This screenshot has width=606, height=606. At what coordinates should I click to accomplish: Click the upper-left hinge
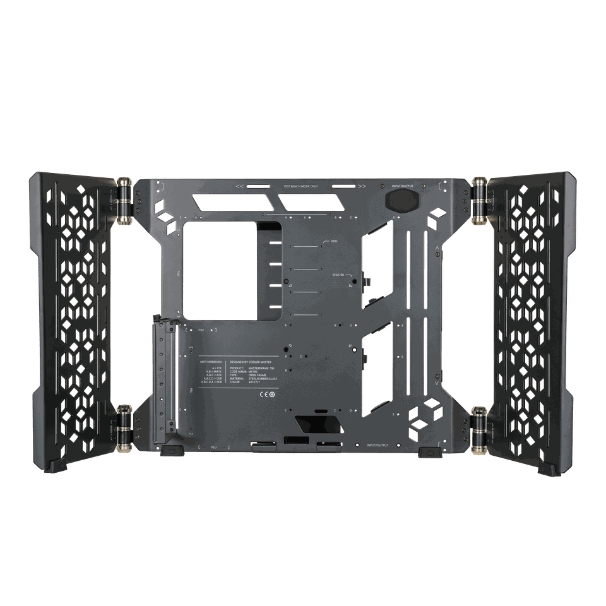(125, 200)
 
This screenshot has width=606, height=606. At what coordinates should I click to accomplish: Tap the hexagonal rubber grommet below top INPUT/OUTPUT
(401, 201)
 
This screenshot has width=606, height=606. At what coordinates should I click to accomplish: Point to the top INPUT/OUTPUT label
(402, 187)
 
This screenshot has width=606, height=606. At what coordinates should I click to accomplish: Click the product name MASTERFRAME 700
(261, 367)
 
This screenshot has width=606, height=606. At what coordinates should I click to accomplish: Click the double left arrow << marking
(239, 187)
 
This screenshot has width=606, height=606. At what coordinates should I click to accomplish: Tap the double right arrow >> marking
(361, 187)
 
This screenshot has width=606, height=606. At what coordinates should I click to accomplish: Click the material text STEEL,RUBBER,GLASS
(263, 379)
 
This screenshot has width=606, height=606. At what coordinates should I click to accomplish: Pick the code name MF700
(253, 371)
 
